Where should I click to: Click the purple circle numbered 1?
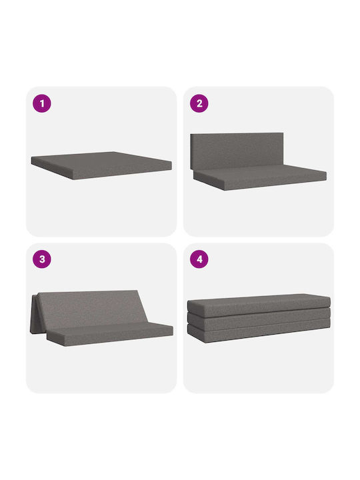42,103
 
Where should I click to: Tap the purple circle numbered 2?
199,103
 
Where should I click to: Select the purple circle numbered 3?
42,259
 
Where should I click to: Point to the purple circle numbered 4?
199,259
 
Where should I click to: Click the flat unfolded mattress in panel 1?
101,165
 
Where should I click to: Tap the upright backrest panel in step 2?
237,151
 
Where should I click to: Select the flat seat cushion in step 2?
260,177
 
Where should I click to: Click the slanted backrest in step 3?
92,309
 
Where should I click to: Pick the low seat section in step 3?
110,334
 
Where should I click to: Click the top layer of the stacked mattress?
259,305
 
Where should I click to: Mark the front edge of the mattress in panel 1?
123,173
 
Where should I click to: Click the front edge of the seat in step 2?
275,184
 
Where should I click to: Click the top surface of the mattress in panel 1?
101,160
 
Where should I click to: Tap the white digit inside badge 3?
42,259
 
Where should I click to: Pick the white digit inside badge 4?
199,259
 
